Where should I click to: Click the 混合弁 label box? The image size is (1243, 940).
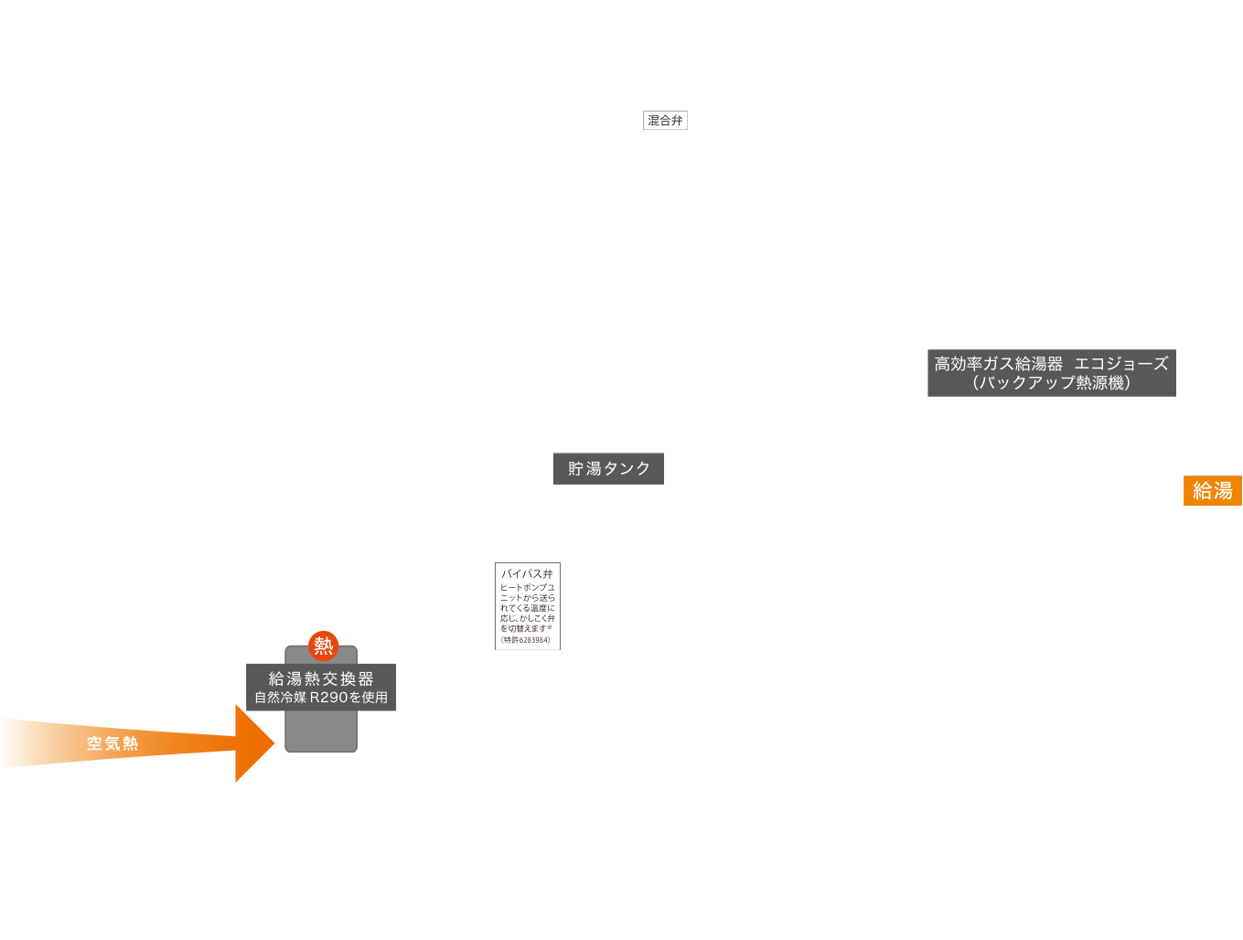(665, 121)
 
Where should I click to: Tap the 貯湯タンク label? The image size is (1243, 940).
(608, 469)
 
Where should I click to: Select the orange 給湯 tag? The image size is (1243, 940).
(1212, 491)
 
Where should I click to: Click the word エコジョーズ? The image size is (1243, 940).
(1120, 364)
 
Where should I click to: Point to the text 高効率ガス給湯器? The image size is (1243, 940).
(998, 364)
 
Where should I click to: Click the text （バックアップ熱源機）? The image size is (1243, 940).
(1051, 383)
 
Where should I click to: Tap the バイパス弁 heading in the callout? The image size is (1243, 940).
(527, 574)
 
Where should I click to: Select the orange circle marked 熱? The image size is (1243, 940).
(323, 646)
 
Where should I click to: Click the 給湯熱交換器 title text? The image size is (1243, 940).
(321, 678)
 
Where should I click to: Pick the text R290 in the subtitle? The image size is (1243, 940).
(328, 698)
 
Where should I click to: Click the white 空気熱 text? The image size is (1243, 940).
(113, 744)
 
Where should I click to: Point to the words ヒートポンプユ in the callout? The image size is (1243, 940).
(527, 588)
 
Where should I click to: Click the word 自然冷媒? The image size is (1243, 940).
(280, 698)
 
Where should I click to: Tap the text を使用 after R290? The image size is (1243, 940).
(369, 698)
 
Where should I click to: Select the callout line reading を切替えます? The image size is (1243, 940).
(523, 629)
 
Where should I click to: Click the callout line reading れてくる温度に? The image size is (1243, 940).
(527, 608)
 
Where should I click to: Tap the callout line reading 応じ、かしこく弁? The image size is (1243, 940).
(527, 619)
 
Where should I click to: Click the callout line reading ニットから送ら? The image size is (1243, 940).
(527, 598)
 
